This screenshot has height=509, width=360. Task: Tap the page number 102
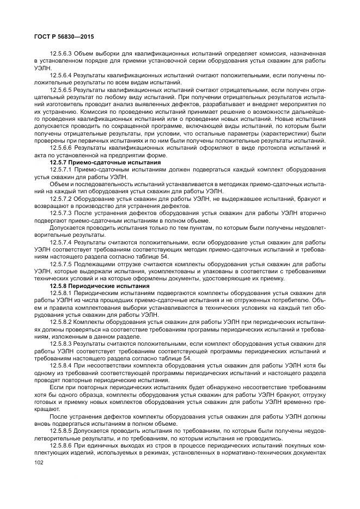(x=38, y=462)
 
